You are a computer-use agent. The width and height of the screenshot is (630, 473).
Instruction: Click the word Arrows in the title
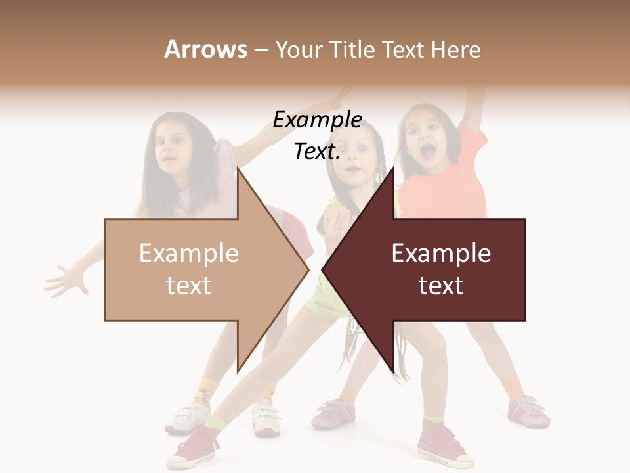(x=205, y=49)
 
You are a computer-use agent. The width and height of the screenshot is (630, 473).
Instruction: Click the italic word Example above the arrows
(x=317, y=120)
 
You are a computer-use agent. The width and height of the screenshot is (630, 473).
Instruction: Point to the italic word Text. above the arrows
(x=317, y=152)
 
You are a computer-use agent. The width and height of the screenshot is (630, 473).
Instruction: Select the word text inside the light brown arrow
(x=188, y=286)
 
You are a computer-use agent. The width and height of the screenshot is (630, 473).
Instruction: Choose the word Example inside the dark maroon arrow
(x=441, y=254)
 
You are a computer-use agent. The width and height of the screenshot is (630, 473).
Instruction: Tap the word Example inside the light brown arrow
(x=188, y=254)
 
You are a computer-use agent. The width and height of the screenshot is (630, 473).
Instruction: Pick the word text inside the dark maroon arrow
(x=441, y=286)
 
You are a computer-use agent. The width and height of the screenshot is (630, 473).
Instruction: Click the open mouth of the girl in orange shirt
(x=428, y=153)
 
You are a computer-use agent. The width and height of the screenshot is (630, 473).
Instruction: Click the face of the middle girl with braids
(x=355, y=158)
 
